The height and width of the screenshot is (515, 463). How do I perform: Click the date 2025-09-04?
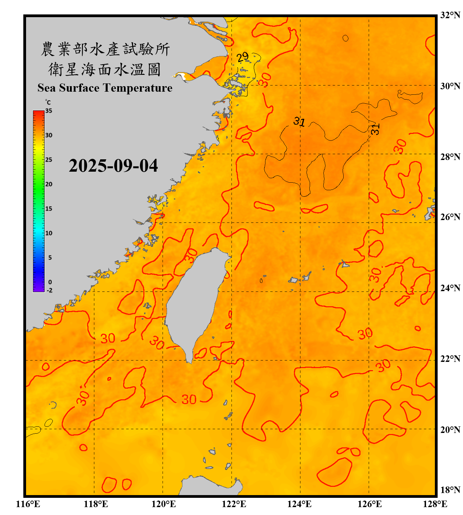[113, 166]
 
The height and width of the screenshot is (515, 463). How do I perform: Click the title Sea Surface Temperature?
[105, 88]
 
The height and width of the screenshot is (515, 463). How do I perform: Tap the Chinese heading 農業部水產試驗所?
[105, 49]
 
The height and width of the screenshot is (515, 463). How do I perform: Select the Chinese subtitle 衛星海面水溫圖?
[105, 69]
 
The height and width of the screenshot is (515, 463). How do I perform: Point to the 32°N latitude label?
[450, 15]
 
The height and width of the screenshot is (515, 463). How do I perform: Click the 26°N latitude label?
[450, 217]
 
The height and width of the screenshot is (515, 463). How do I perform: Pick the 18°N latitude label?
[450, 490]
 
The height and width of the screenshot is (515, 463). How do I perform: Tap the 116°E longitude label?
[28, 504]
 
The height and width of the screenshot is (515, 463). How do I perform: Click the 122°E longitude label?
[234, 504]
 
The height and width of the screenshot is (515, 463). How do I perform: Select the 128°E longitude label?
[435, 504]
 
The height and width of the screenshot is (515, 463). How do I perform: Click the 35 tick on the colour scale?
[49, 111]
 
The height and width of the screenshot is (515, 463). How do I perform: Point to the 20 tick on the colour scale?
[49, 184]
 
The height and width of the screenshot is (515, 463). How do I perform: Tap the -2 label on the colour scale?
[49, 290]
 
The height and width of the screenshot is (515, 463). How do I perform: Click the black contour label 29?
[242, 57]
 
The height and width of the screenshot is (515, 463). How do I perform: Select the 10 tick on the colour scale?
[49, 233]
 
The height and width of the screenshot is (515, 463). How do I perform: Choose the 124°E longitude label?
[299, 504]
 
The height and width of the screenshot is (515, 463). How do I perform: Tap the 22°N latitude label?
[450, 359]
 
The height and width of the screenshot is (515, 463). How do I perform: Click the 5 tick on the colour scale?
[50, 257]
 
